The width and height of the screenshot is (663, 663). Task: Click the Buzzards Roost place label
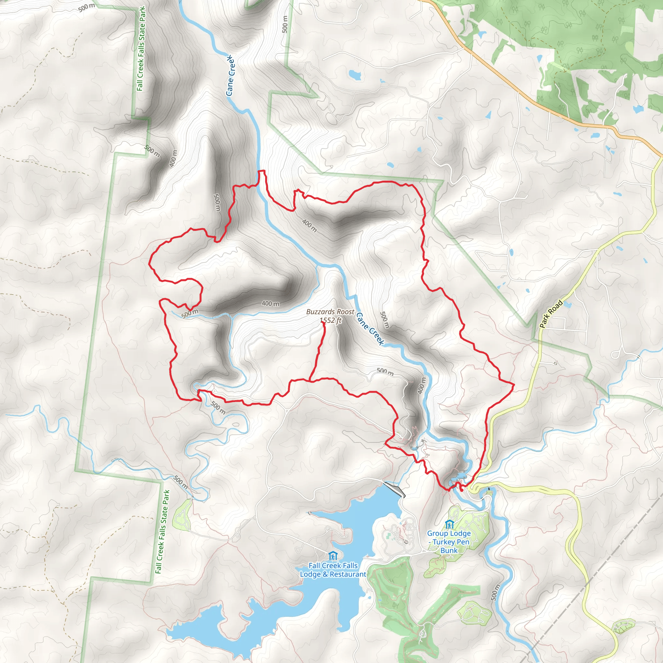[330, 312]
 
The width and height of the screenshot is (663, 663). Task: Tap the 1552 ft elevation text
[331, 320]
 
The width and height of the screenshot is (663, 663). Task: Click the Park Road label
[551, 314]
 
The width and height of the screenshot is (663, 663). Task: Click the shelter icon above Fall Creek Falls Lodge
[332, 556]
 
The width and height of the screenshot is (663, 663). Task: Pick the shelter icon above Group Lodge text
[449, 524]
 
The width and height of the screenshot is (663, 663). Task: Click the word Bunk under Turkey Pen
[449, 550]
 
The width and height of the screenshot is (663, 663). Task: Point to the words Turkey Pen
[451, 542]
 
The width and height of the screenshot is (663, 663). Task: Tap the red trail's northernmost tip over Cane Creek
[261, 171]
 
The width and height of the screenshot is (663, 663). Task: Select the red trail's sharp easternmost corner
[513, 385]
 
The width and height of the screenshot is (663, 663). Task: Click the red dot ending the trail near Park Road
[462, 490]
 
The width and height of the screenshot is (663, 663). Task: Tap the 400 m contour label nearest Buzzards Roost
[271, 303]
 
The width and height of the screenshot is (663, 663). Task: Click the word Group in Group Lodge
[438, 533]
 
